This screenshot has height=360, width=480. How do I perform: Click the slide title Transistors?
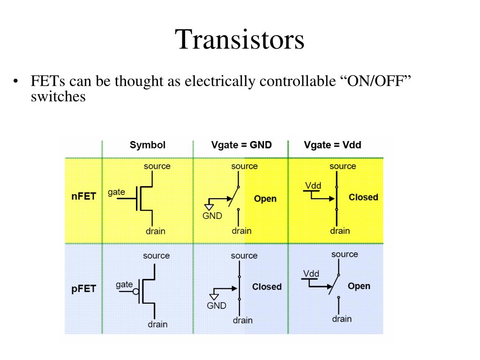pyautogui.click(x=240, y=39)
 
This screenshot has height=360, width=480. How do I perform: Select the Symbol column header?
pyautogui.click(x=148, y=145)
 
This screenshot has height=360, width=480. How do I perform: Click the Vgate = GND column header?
pyautogui.click(x=241, y=145)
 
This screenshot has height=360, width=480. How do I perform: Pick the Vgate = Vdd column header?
pyautogui.click(x=332, y=145)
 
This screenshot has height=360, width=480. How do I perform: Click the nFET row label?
pyautogui.click(x=83, y=196)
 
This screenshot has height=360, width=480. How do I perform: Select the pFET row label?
pyautogui.click(x=83, y=289)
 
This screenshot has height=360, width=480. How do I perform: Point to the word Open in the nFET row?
pyautogui.click(x=265, y=199)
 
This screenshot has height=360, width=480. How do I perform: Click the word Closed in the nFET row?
pyautogui.click(x=363, y=197)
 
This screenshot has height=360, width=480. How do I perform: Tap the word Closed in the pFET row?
pyautogui.click(x=267, y=287)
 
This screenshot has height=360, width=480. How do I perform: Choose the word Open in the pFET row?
pyautogui.click(x=359, y=286)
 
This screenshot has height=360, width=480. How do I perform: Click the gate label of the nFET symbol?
pyautogui.click(x=116, y=192)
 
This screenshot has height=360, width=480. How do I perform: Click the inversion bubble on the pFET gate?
pyautogui.click(x=136, y=292)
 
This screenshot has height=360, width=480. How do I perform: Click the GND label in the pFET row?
pyautogui.click(x=217, y=306)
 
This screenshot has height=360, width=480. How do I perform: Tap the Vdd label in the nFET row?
pyautogui.click(x=313, y=186)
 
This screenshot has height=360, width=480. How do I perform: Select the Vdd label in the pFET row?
pyautogui.click(x=311, y=274)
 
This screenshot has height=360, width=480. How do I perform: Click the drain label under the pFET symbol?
pyautogui.click(x=157, y=324)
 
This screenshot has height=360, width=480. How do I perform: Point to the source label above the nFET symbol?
pyautogui.click(x=157, y=166)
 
